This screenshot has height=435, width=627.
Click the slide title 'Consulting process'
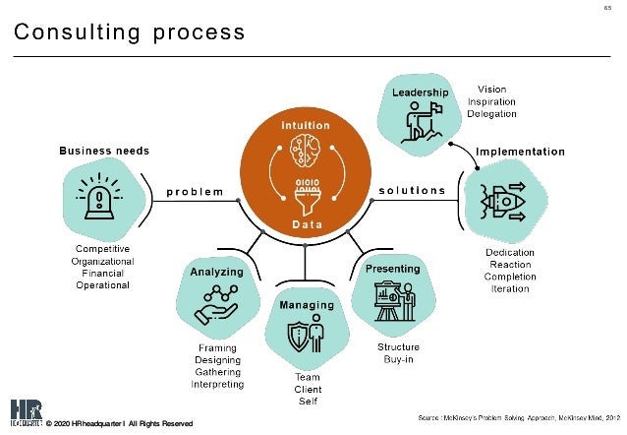pyautogui.click(x=129, y=33)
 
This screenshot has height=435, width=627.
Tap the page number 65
pyautogui.click(x=607, y=11)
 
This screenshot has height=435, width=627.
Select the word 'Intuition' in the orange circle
pyautogui.click(x=306, y=126)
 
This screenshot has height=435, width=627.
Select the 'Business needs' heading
pyautogui.click(x=104, y=151)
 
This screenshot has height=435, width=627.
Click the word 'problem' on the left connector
pyautogui.click(x=195, y=191)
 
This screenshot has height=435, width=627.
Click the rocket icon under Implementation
pyautogui.click(x=503, y=201)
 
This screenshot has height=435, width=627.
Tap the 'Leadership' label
pyautogui.click(x=421, y=92)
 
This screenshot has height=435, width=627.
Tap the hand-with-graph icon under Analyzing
pyautogui.click(x=216, y=306)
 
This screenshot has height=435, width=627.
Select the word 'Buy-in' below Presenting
pyautogui.click(x=398, y=360)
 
